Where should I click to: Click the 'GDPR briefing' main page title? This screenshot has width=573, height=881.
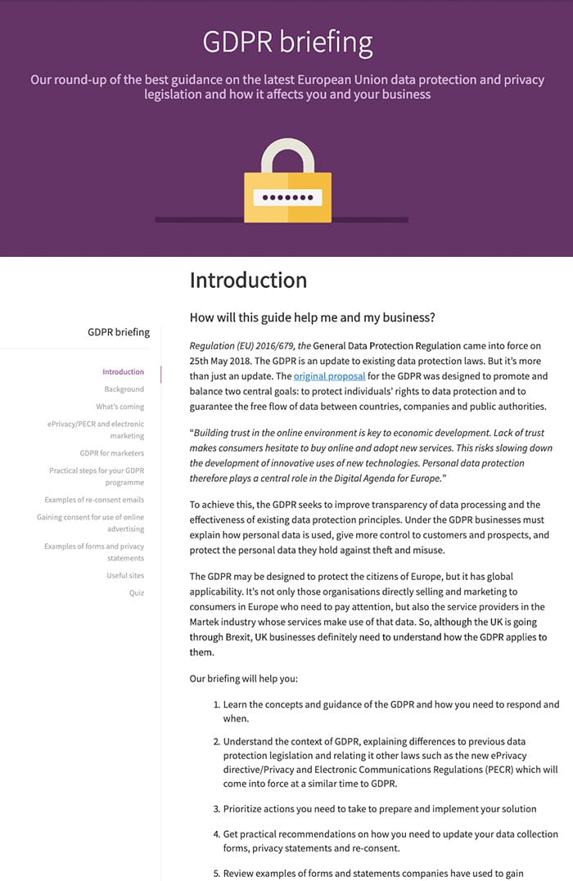coord(287,41)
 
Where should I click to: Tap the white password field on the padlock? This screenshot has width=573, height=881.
coord(287,198)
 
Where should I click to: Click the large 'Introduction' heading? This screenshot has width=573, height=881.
coord(248,281)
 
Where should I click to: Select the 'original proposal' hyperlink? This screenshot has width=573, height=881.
coord(329,376)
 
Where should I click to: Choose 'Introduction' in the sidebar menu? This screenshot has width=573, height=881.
coord(123,371)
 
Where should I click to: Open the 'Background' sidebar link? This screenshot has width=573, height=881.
coord(124,389)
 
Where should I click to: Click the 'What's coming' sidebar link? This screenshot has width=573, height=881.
coord(120,407)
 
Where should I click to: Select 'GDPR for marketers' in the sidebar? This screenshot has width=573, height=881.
coord(111,453)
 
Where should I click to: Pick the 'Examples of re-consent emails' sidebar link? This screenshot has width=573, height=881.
coord(94,500)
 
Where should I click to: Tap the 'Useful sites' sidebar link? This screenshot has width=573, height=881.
coord(125,576)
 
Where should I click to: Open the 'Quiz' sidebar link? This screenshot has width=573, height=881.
coord(136,593)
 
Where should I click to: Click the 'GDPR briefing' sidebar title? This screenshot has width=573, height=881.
coord(119,332)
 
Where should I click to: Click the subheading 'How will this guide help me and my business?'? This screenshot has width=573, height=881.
coord(313,317)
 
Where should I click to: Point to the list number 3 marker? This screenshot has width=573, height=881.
coord(217,809)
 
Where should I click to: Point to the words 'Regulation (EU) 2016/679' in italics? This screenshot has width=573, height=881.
coord(242,345)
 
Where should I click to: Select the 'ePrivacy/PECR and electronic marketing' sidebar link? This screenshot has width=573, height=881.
coord(95,430)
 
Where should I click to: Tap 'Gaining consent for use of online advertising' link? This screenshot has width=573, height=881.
coord(90,523)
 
